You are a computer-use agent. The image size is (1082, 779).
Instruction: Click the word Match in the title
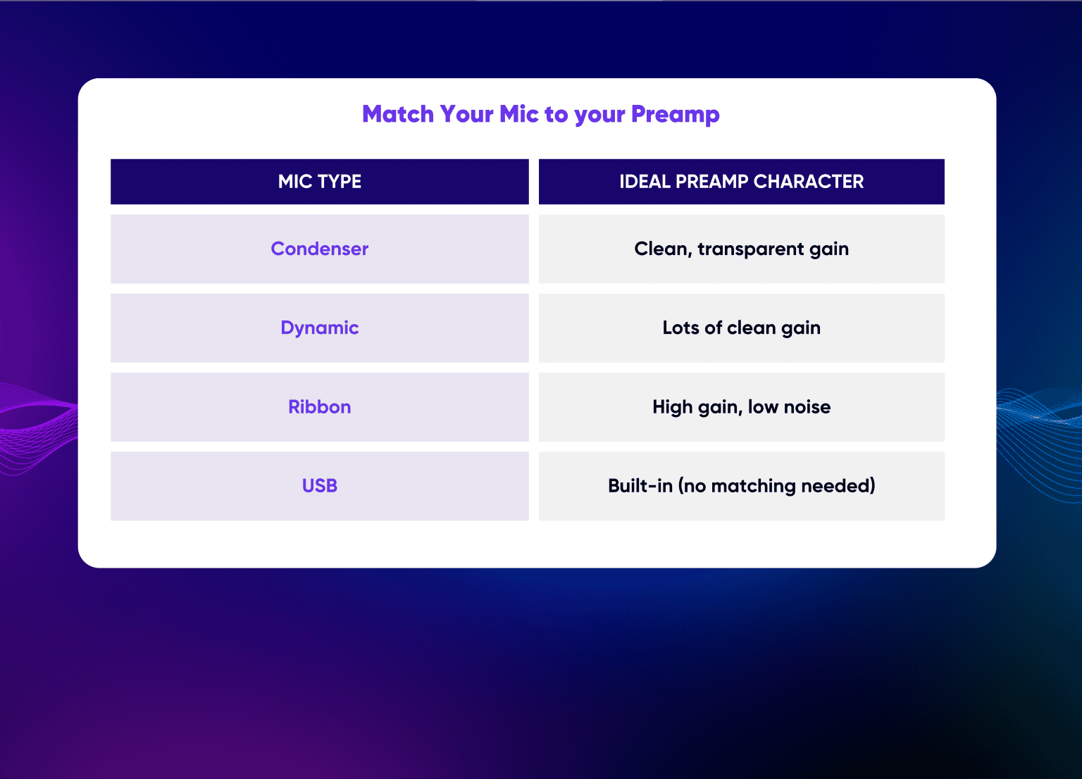397,114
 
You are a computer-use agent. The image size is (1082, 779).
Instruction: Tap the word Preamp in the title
675,114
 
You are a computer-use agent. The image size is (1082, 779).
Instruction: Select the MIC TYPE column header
319,182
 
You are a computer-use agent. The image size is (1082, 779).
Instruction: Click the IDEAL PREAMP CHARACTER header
741,182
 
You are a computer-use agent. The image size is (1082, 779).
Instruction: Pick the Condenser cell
319,249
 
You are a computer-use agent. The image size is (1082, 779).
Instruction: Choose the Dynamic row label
319,328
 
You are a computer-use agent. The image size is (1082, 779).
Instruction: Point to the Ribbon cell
319,406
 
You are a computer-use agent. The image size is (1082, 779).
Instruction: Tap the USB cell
319,485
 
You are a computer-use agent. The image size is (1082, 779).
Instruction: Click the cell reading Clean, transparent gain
741,249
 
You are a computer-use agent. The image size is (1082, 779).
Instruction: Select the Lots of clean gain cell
741,328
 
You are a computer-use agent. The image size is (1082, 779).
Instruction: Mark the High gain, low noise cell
741,406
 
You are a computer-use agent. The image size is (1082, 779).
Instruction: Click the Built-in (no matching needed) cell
741,485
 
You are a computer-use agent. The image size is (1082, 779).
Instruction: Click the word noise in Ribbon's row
807,407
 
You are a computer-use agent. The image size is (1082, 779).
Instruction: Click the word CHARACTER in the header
808,182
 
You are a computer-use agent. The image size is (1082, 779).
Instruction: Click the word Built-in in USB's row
640,485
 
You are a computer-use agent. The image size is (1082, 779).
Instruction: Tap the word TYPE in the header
340,182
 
